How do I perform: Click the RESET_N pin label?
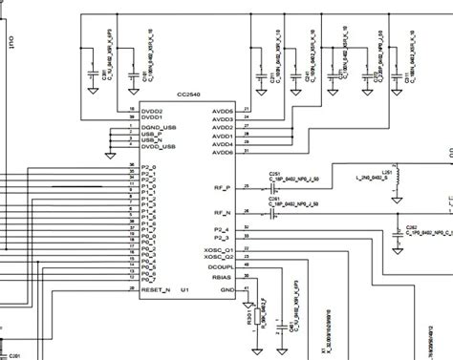point(155,287)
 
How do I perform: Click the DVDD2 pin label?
point(152,109)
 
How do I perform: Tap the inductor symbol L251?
point(399,180)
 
